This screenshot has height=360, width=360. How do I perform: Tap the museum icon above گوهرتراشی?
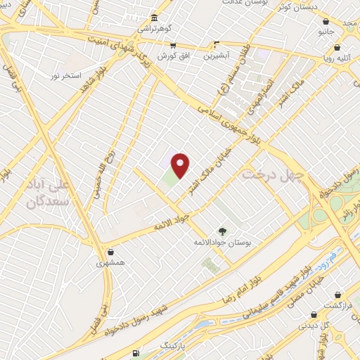154,18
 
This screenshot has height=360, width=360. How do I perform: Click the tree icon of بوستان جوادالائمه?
222,231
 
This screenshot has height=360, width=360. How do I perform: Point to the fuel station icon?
136,352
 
